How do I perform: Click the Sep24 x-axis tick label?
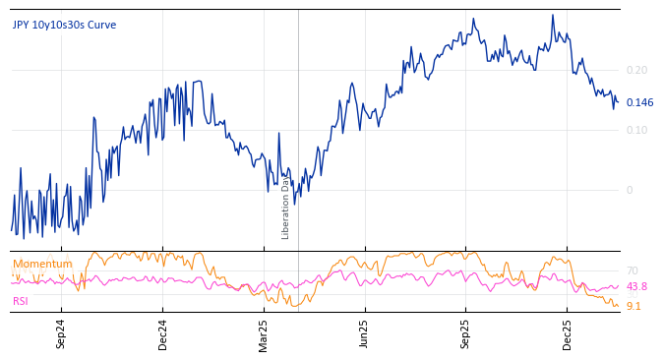click(61, 334)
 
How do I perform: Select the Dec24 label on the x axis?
click(163, 334)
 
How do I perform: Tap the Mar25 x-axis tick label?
click(264, 334)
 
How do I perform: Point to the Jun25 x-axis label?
click(364, 334)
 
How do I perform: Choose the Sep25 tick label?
click(466, 334)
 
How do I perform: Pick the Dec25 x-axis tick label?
click(568, 334)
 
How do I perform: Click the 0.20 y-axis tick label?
click(636, 71)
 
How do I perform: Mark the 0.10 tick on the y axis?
click(636, 131)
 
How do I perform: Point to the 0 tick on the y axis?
click(630, 191)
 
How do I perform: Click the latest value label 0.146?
click(639, 103)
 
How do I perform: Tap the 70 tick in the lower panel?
click(632, 270)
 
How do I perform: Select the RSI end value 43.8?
click(636, 287)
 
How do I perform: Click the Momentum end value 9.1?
click(633, 307)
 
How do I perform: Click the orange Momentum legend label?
click(42, 265)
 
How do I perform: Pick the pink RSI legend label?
click(22, 302)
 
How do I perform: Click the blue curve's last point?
click(618, 102)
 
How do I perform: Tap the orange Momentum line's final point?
click(618, 306)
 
